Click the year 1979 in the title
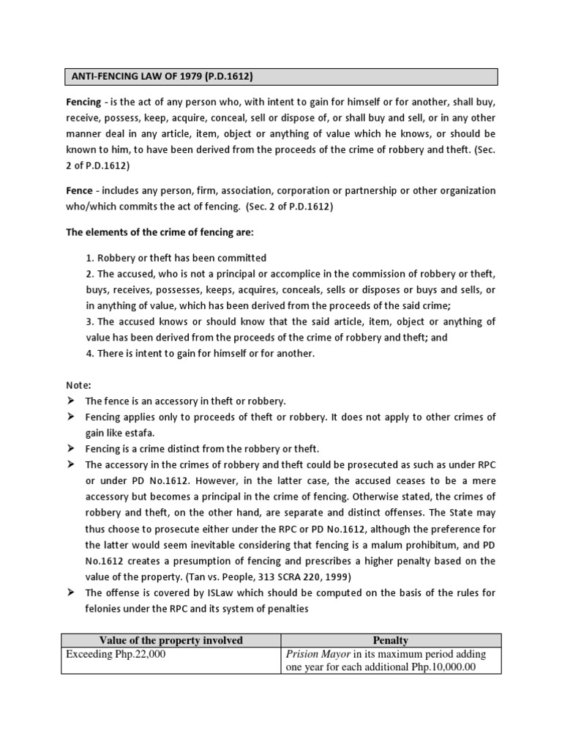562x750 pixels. click(175, 76)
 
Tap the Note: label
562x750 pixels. click(79, 385)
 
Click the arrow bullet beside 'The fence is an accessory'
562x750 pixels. click(72, 401)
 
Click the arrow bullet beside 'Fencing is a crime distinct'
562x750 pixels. click(72, 449)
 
